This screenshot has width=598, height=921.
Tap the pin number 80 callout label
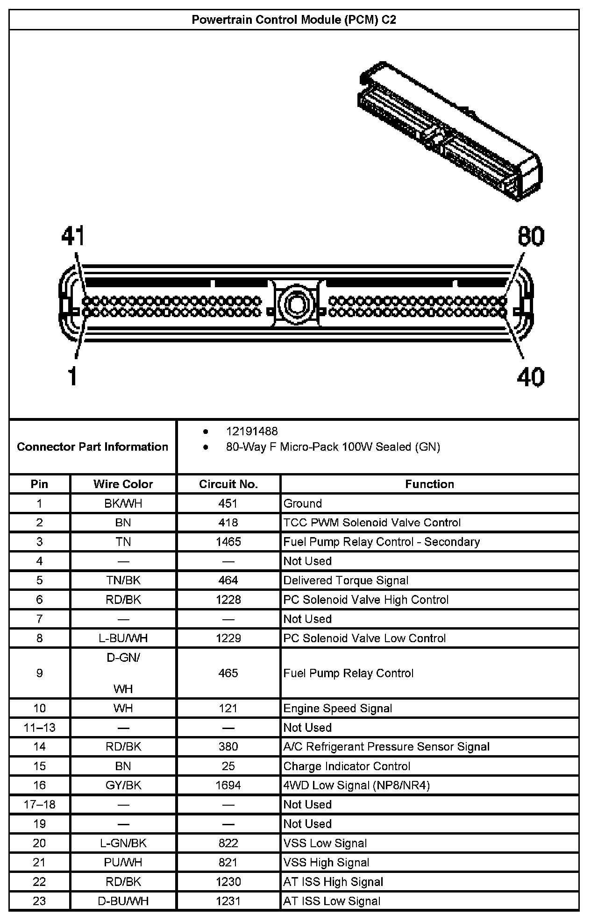[x=531, y=236]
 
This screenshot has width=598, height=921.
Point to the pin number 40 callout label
[x=531, y=376]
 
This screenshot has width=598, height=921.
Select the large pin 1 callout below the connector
[x=72, y=376]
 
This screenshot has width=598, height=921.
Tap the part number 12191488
[x=252, y=431]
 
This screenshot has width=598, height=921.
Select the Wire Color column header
[x=123, y=484]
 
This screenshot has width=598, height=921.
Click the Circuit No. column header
[x=228, y=484]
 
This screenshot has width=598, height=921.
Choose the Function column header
[x=429, y=484]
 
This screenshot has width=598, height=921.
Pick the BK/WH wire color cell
[x=123, y=503]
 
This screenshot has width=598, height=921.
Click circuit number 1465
[x=228, y=542]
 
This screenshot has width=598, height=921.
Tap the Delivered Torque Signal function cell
[x=346, y=580]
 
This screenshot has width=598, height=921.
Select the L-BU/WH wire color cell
[x=123, y=638]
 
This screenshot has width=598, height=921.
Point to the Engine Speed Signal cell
[x=337, y=708]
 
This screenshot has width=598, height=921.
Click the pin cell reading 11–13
[x=40, y=727]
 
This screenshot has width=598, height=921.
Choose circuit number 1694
[x=228, y=785]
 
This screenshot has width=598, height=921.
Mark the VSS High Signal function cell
[x=326, y=862]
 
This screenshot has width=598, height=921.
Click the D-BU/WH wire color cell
[x=123, y=901]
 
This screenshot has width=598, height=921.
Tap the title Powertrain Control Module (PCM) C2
[x=294, y=20]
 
